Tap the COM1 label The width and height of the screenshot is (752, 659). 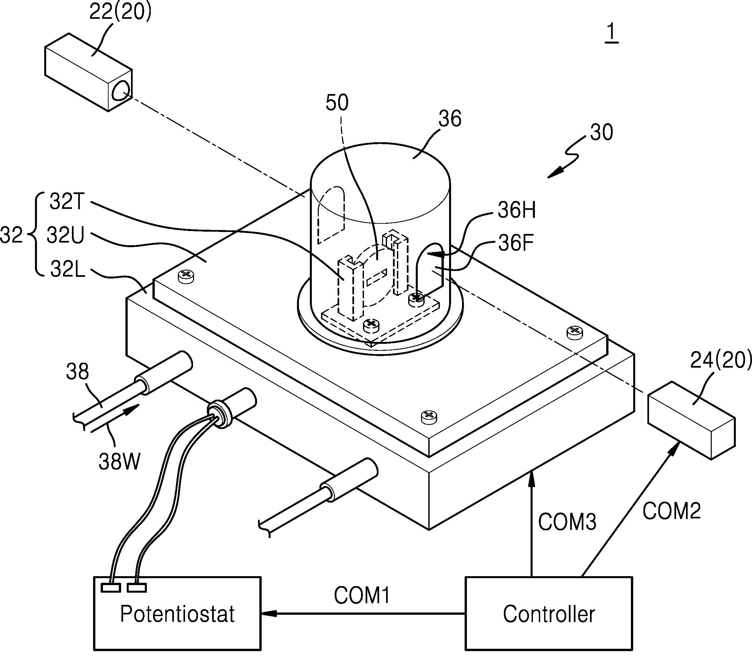pyautogui.click(x=362, y=595)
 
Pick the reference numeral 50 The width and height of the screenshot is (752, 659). pyautogui.click(x=337, y=103)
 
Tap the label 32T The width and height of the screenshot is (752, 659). pyautogui.click(x=67, y=202)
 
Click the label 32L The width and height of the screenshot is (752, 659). pyautogui.click(x=68, y=269)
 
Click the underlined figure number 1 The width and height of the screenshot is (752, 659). pyautogui.click(x=611, y=33)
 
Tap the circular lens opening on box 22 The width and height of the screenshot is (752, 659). pyautogui.click(x=121, y=90)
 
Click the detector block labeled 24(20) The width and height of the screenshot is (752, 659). pyautogui.click(x=691, y=420)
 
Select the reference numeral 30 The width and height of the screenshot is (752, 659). pyautogui.click(x=602, y=132)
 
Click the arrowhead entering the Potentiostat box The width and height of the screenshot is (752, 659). pyautogui.click(x=268, y=613)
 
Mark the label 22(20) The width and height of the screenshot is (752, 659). pyautogui.click(x=120, y=12)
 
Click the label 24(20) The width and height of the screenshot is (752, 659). pyautogui.click(x=721, y=360)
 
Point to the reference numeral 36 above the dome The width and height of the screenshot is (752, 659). pyautogui.click(x=450, y=119)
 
